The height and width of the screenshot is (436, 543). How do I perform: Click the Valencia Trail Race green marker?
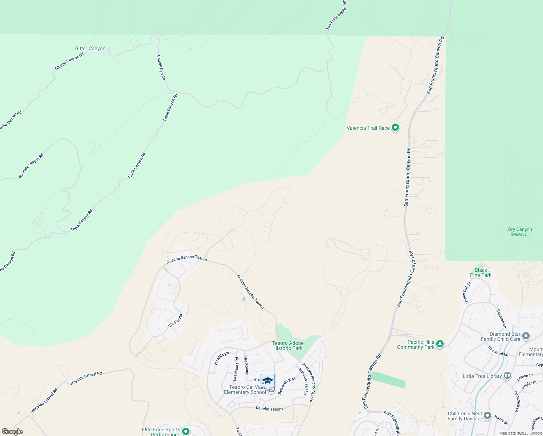click(x=395, y=128)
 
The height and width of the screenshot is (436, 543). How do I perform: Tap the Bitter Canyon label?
click(x=90, y=49)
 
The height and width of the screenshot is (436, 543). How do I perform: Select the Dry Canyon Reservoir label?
click(x=520, y=232)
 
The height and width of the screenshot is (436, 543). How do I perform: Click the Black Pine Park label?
click(x=481, y=272)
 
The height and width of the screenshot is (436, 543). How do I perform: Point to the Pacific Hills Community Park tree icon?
click(x=440, y=344)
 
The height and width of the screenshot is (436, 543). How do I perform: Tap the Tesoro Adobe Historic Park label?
click(x=288, y=346)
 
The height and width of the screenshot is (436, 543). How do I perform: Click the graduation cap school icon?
click(x=268, y=381)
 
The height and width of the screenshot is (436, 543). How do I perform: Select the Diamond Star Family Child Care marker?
click(x=526, y=336)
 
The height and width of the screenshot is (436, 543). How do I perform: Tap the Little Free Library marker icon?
click(x=507, y=376)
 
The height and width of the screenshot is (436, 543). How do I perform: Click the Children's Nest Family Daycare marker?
click(x=487, y=416)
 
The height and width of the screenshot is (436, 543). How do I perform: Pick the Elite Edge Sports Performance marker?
click(x=186, y=431)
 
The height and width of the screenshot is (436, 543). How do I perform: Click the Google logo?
click(x=12, y=432)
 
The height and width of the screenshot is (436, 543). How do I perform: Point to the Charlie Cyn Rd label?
click(x=161, y=68)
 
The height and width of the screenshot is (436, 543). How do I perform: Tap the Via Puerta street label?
click(x=175, y=320)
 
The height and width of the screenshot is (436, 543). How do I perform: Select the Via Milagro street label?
click(x=221, y=358)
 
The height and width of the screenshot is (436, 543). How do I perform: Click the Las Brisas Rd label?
click(x=236, y=369)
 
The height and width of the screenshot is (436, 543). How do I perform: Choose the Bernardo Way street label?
click(x=287, y=385)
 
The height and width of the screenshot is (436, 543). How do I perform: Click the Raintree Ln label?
click(x=501, y=316)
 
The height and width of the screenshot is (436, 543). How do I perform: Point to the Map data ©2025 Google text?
click(x=520, y=433)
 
